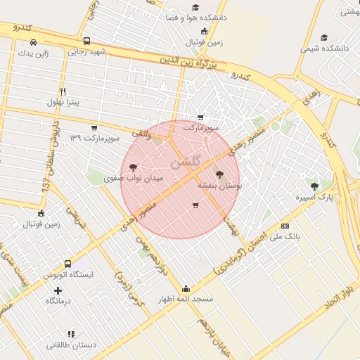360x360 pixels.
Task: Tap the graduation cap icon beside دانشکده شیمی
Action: tap(324, 37)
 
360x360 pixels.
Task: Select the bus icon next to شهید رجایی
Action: tap(86, 41)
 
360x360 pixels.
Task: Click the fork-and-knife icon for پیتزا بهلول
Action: tap(63, 91)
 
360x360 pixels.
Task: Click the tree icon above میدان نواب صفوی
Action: tap(134, 167)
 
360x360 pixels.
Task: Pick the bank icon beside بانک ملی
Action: tap(285, 226)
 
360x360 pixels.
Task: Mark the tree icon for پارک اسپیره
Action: tap(314, 186)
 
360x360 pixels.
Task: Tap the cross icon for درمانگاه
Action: tap(58, 290)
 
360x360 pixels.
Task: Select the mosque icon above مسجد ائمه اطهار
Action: tap(186, 288)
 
